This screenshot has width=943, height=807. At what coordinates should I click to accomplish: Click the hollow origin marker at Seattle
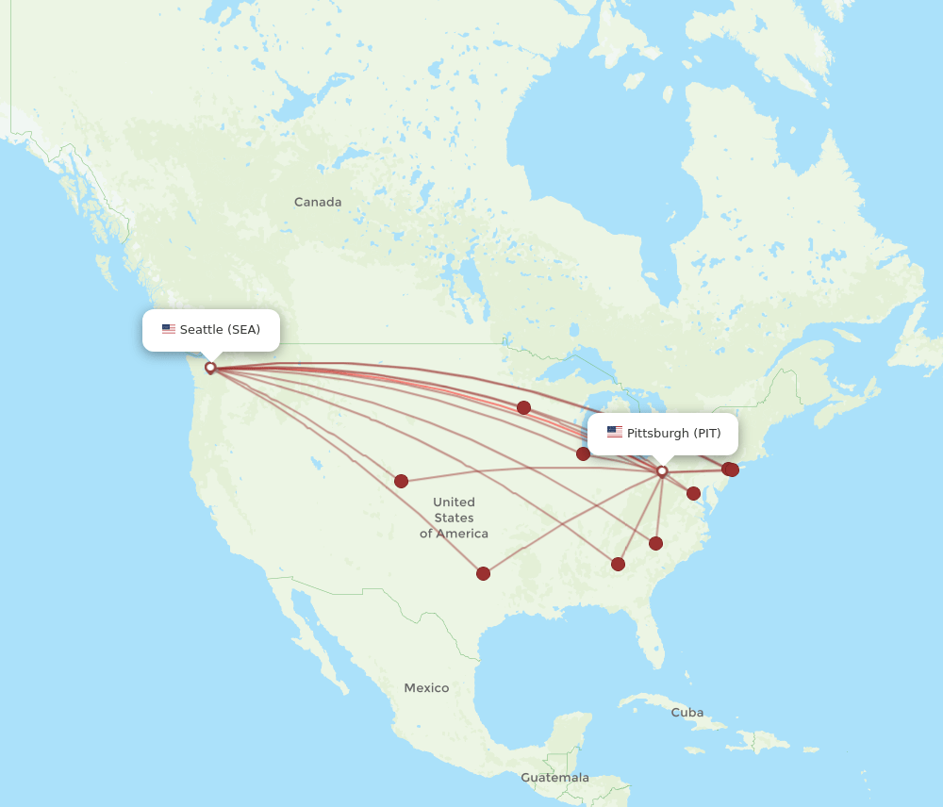pos(210,368)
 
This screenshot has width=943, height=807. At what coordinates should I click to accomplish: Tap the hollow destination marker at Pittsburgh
pos(662,470)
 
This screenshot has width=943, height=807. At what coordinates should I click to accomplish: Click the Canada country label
pos(318,202)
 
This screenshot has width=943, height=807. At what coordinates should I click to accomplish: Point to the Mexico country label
pos(426,688)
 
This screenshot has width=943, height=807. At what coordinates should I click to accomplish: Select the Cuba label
pos(687,713)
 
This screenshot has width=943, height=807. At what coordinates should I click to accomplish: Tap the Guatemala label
pos(554,778)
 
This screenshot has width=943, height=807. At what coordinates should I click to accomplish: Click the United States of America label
pos(454,518)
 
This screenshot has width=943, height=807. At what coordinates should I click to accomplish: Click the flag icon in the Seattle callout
pos(169,329)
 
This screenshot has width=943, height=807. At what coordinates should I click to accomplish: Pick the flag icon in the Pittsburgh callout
pos(615,433)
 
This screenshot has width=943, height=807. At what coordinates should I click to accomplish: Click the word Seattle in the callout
pos(201,329)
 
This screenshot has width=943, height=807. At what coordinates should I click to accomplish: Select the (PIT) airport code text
pos(707,433)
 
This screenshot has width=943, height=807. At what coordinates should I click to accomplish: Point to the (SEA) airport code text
pos(244,329)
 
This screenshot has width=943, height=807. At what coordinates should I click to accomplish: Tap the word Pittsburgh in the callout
pos(657,433)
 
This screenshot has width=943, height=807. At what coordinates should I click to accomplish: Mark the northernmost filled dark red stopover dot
pos(523,407)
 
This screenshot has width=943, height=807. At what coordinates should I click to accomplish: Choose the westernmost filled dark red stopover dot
pos(401,481)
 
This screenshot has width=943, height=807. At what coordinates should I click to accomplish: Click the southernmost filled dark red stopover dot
pos(483,573)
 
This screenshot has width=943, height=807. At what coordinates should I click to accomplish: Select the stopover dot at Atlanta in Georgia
pos(618,564)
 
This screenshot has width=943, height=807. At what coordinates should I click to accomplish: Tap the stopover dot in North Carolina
pos(655,543)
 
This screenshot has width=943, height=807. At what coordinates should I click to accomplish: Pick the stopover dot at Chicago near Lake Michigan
pos(583,453)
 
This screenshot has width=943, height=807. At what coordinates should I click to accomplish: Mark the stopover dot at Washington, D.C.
pos(693,493)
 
